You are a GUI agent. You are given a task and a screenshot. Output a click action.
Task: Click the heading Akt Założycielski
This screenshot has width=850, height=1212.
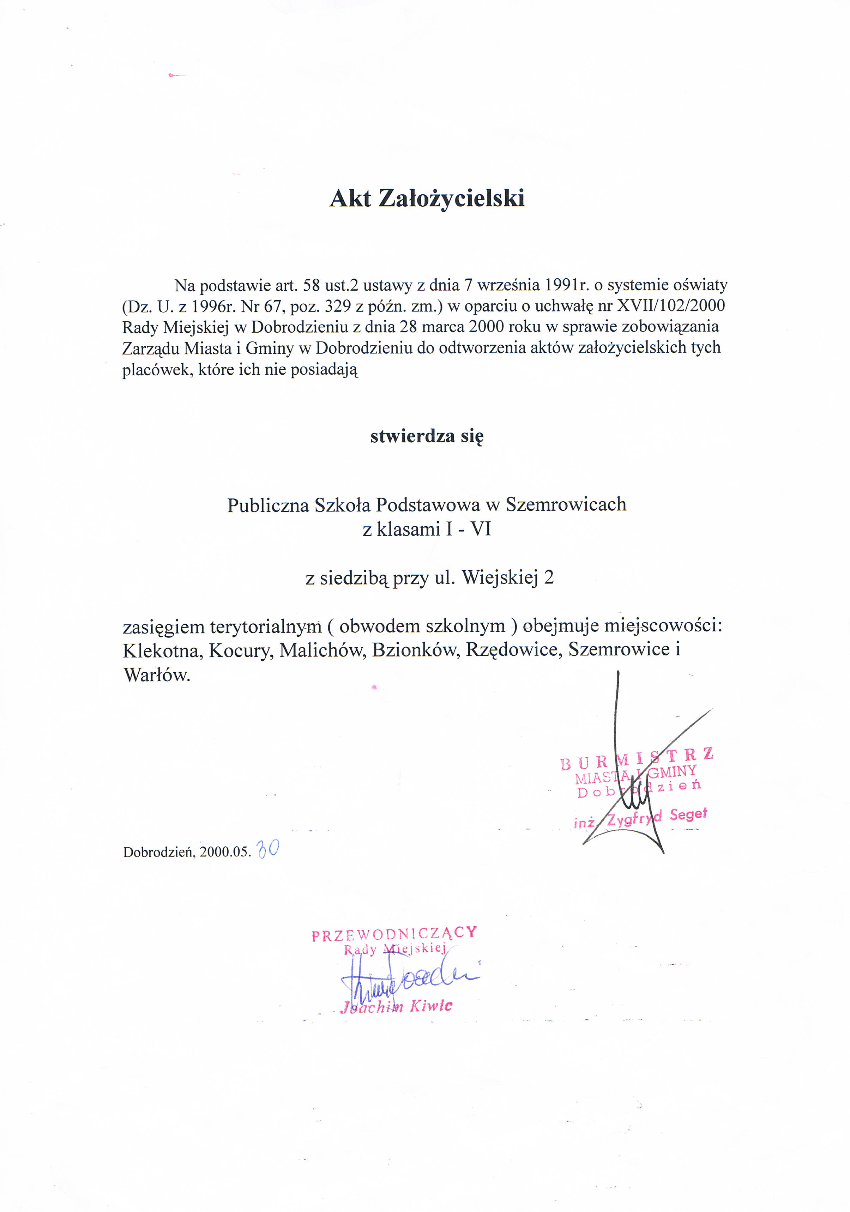(x=427, y=199)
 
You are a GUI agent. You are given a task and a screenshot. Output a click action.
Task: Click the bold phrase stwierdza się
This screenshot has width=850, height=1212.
(x=427, y=436)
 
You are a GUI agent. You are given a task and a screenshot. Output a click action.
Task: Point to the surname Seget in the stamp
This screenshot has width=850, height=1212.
(x=688, y=814)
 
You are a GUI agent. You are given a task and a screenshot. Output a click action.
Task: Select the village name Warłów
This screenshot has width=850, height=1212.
(x=156, y=675)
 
